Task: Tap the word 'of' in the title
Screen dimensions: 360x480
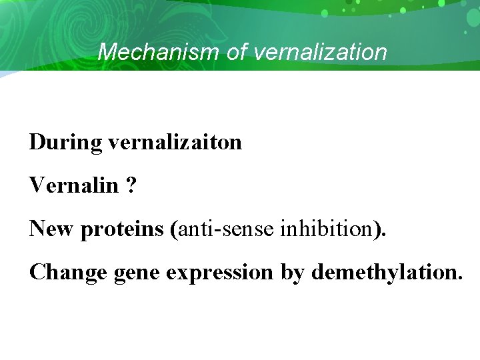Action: (237, 52)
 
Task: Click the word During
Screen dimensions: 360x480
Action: (65, 142)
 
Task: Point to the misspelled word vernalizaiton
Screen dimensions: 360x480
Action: (175, 142)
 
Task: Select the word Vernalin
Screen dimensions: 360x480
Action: (73, 185)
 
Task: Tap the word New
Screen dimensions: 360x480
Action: (52, 229)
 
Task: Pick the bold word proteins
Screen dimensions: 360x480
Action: (122, 229)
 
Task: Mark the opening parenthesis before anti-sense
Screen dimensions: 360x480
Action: (173, 229)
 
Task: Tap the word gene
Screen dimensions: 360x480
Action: (135, 272)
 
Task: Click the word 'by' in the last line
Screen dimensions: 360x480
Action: (291, 272)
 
